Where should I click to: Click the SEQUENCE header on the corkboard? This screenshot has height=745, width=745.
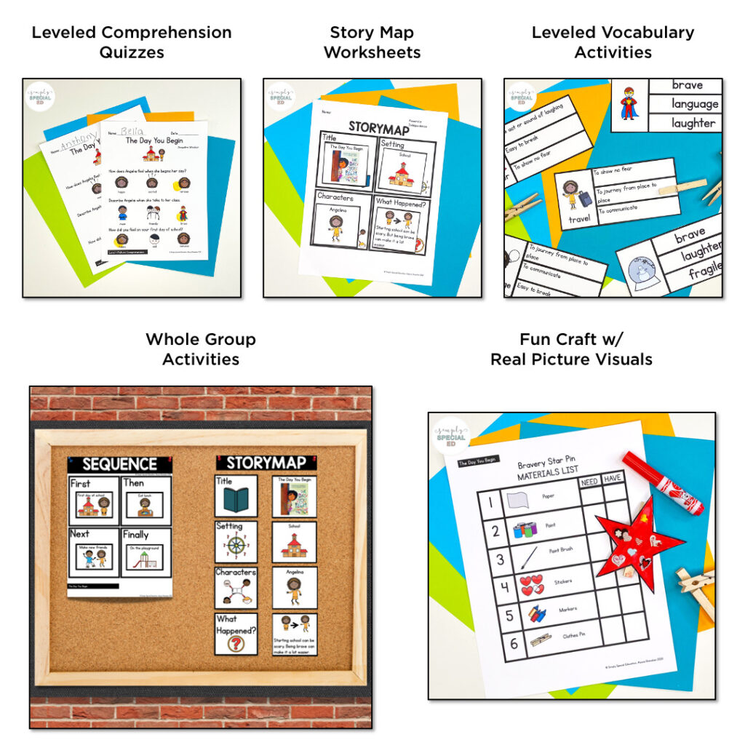tap(119, 464)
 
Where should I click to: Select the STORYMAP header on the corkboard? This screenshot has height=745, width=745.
tap(266, 463)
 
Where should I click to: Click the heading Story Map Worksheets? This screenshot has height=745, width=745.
tap(372, 42)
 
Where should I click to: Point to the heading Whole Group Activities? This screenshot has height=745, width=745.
tap(201, 349)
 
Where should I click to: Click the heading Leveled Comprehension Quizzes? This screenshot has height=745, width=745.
tap(132, 42)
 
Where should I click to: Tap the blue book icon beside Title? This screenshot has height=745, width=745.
tap(236, 501)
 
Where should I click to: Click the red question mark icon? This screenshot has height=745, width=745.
tap(236, 644)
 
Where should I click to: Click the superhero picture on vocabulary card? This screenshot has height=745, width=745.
tap(628, 104)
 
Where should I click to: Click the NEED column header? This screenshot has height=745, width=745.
tap(589, 481)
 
